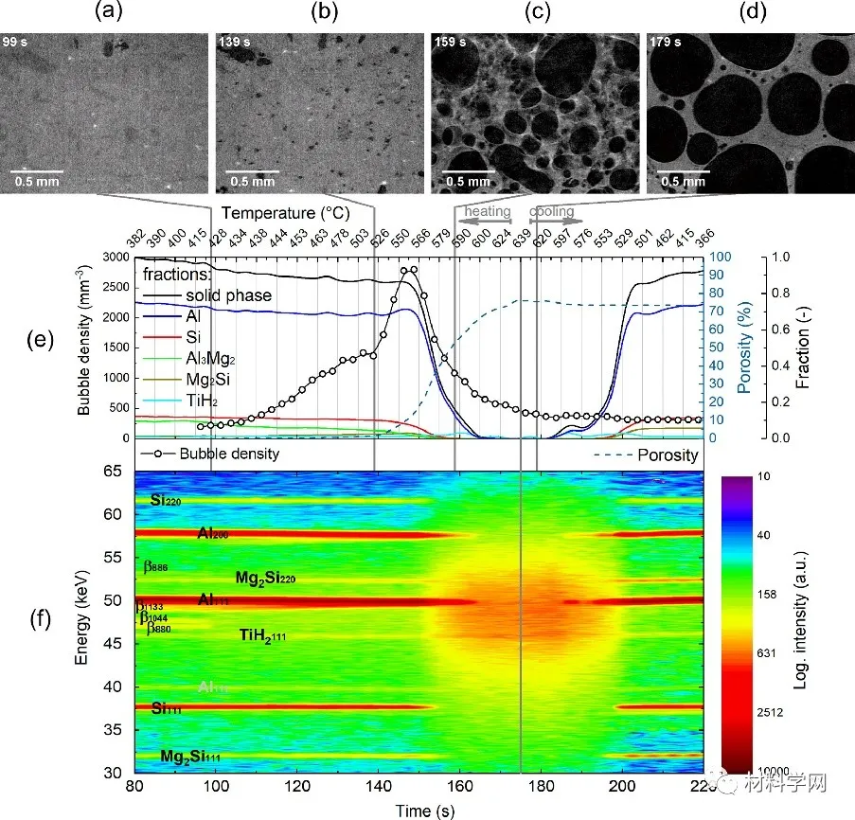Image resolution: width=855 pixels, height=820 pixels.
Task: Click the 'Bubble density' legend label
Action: (x=228, y=455)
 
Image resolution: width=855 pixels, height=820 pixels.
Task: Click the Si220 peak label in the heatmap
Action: (x=167, y=500)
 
